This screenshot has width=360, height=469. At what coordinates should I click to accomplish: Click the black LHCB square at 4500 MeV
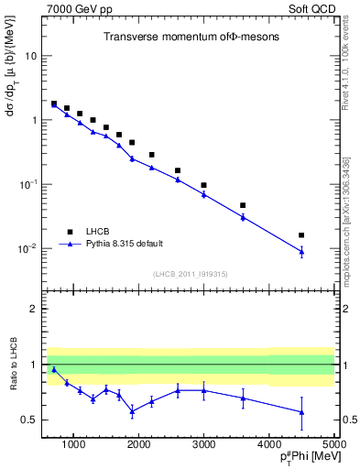coord(301,235)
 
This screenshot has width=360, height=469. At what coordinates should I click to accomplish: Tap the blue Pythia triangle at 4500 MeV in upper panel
coord(301,251)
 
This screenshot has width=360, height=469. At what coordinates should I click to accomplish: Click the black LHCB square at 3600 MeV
coord(243,205)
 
